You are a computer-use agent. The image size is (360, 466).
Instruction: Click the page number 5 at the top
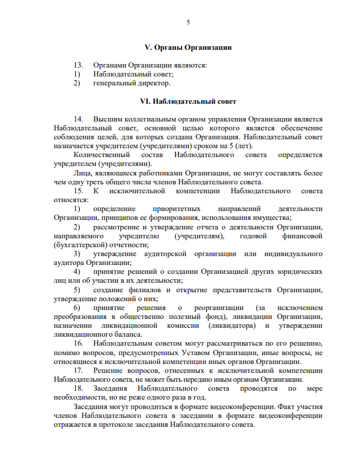188,23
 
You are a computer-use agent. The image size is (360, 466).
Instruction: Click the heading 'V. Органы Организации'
188,47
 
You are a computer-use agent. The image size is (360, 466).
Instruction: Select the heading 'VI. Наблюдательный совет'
188,101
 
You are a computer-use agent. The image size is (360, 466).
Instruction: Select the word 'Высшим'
106,119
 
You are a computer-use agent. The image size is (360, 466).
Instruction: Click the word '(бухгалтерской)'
79,245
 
